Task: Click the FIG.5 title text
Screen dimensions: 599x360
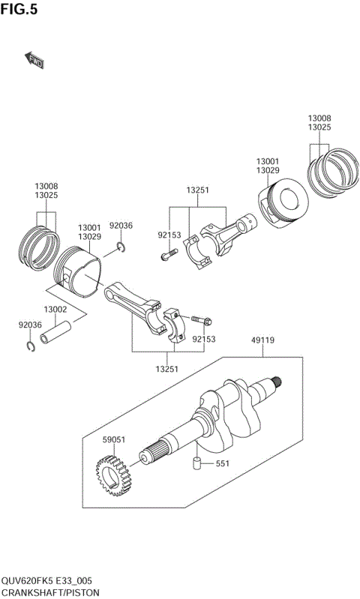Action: (19, 10)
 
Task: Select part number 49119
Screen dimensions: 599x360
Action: (262, 340)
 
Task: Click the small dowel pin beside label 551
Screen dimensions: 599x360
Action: (197, 463)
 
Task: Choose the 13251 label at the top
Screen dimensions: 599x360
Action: (198, 190)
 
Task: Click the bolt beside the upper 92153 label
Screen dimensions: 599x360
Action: (166, 256)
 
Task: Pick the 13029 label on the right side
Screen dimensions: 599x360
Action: (268, 172)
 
